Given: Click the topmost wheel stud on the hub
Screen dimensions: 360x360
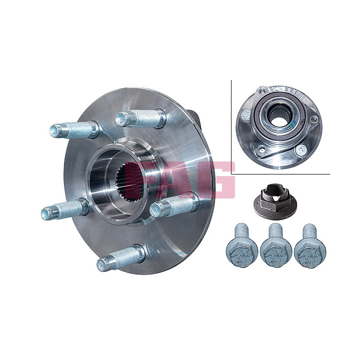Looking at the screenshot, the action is coord(140,118).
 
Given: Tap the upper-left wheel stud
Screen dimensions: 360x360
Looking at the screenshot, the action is coord(74,130).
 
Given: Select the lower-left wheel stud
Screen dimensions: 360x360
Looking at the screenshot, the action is coord(65,209).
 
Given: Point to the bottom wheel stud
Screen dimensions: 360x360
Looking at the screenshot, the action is coord(121,258).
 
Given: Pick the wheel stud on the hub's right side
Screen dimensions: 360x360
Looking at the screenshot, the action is coord(174,205).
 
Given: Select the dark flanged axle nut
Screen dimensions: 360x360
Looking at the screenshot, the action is coord(275,201).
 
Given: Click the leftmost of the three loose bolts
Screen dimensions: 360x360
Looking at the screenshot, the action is coord(242,245).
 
